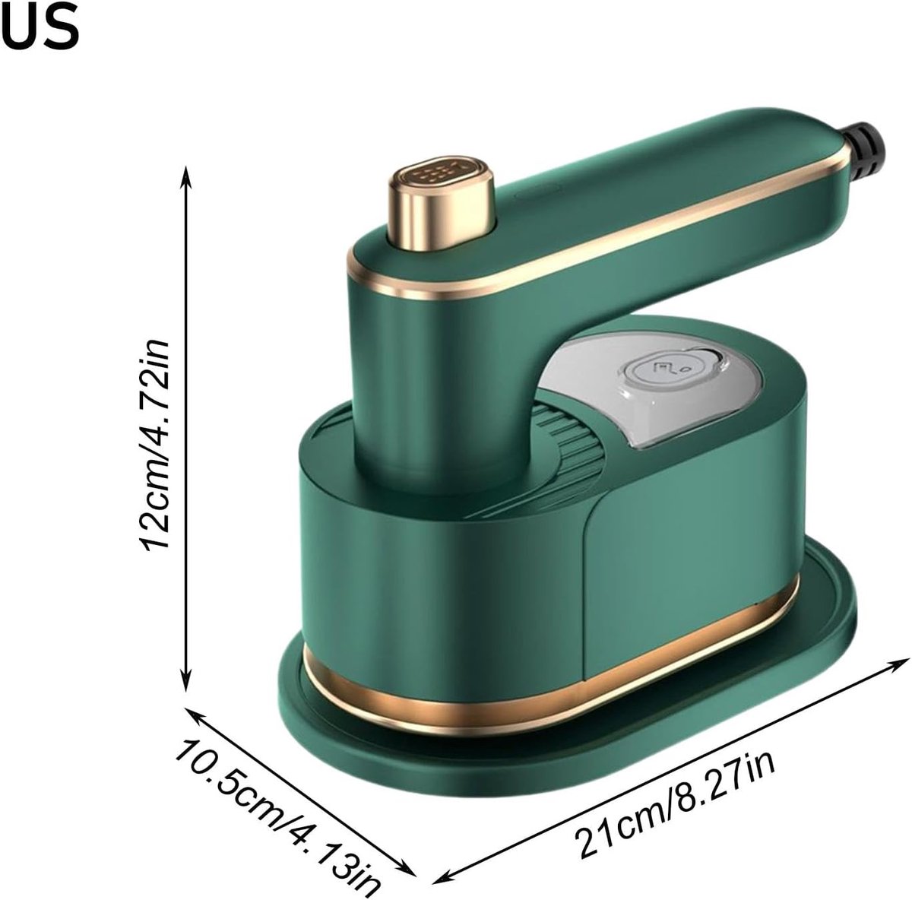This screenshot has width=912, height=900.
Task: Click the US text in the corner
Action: [x=40, y=26]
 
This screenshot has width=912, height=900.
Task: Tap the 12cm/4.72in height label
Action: [x=154, y=444]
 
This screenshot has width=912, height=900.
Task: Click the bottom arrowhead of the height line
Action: [x=186, y=681]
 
